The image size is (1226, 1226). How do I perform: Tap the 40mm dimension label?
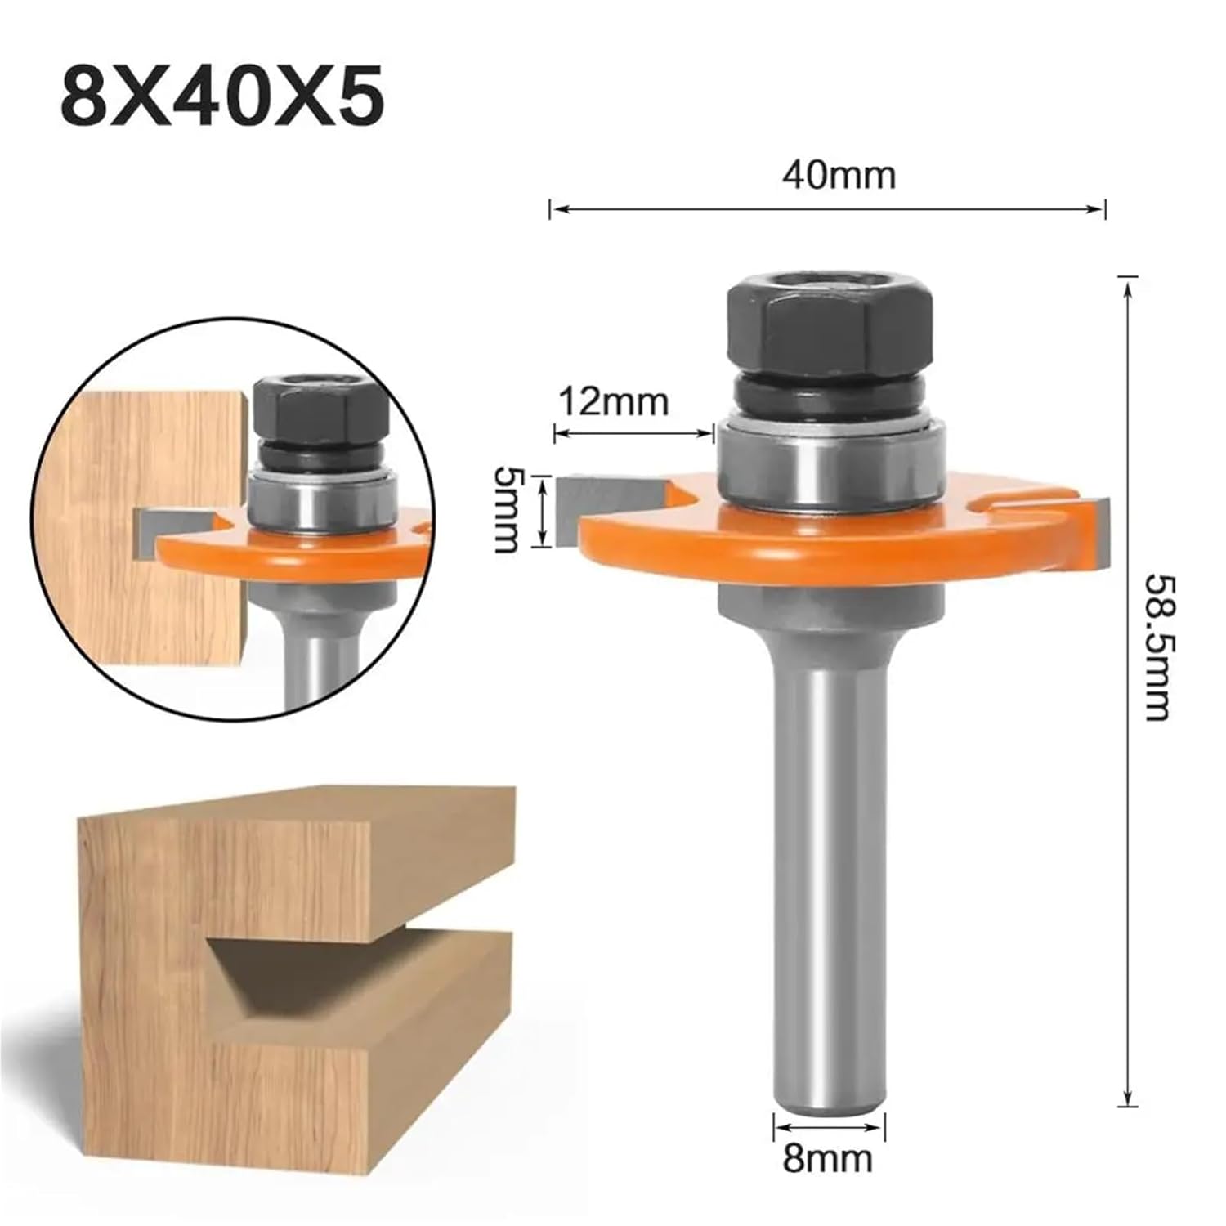click(839, 175)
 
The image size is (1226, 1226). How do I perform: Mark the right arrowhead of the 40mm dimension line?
click(1099, 209)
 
